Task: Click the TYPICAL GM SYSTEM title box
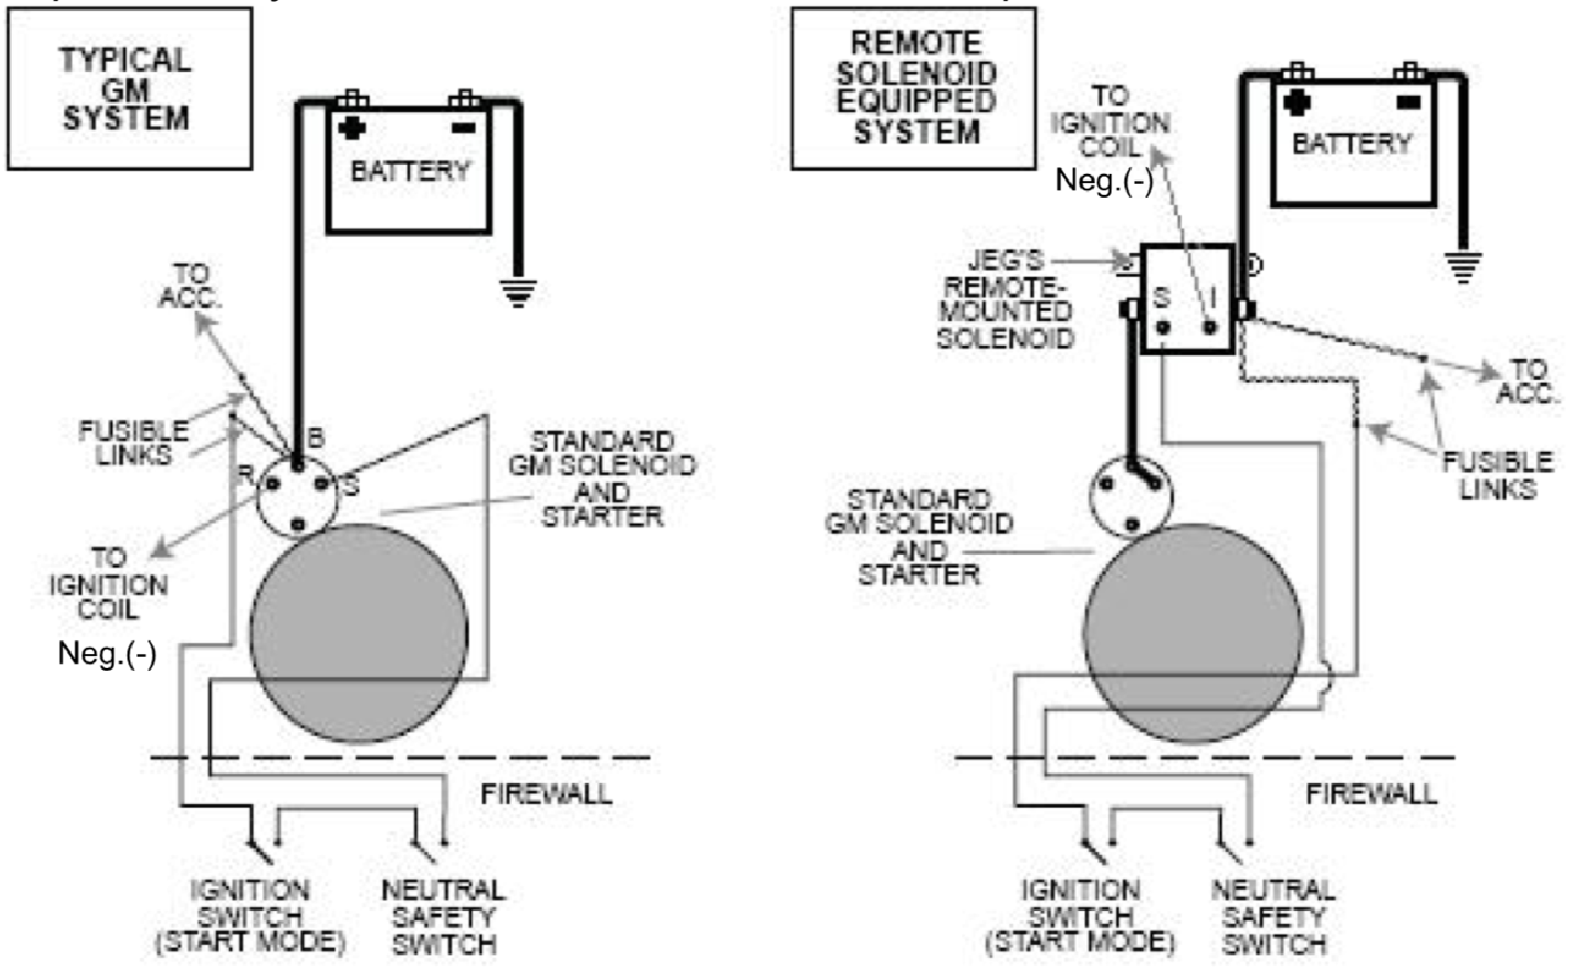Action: [x=129, y=88]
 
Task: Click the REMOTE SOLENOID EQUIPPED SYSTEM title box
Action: [x=914, y=88]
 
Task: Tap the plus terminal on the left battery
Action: [x=351, y=127]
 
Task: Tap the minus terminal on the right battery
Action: [x=1408, y=102]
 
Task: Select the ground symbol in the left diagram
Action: [x=518, y=293]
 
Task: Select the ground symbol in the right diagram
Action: [x=1463, y=267]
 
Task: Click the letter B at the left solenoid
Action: [x=316, y=438]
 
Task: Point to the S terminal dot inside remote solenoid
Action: [x=1163, y=327]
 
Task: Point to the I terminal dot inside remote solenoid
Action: [x=1209, y=327]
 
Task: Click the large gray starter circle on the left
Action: [x=359, y=633]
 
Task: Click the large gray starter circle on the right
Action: [x=1193, y=633]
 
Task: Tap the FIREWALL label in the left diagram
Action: [x=546, y=793]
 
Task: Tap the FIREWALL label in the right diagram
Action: [x=1371, y=793]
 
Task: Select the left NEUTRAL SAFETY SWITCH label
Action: [x=444, y=916]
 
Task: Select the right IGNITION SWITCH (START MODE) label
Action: [x=1080, y=916]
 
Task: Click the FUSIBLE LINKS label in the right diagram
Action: [x=1498, y=475]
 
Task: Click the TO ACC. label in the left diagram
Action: [x=191, y=286]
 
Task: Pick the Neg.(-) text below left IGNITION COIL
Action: [x=107, y=653]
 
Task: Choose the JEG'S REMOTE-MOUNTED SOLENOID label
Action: [x=1004, y=300]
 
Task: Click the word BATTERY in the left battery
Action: [x=410, y=171]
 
